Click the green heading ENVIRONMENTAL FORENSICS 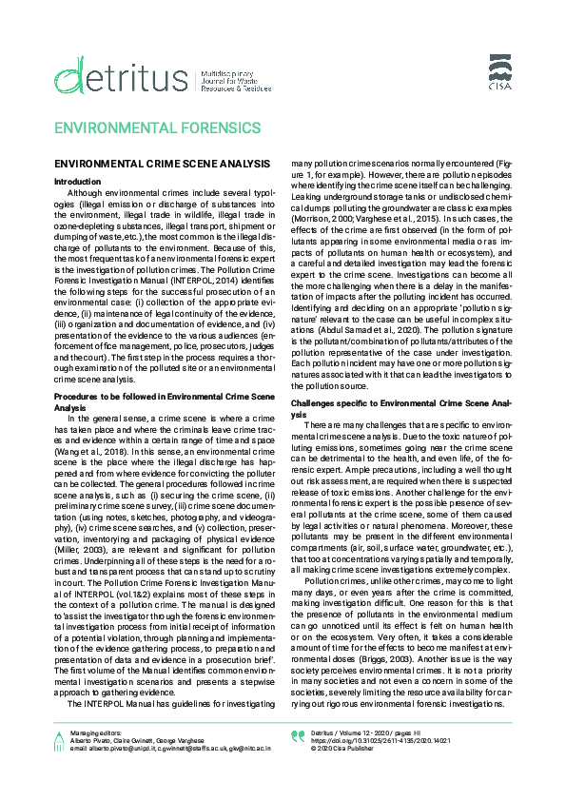(x=156, y=127)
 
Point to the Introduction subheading (x=77, y=180)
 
